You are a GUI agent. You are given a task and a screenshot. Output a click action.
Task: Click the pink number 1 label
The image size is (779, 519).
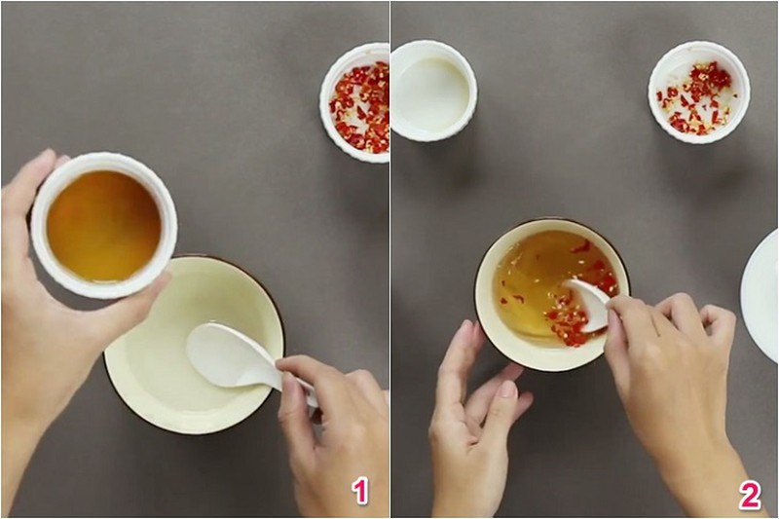360,491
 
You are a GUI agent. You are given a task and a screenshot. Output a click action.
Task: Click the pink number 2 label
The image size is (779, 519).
749,496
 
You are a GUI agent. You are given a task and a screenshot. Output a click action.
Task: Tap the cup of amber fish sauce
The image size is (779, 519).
104,226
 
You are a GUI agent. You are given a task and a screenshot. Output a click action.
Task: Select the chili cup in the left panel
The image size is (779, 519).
355,103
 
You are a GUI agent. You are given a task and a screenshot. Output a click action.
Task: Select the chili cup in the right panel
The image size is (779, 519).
698,93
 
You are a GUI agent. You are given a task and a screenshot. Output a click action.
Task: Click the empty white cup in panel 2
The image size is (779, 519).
432,93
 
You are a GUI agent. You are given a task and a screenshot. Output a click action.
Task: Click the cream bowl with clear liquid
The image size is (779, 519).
194,345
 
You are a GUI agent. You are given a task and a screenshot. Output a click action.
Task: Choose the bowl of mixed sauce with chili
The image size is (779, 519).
552,295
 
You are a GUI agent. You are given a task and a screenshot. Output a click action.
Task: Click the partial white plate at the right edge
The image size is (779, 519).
760,295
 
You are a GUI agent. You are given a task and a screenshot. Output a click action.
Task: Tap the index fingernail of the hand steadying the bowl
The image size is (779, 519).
506,389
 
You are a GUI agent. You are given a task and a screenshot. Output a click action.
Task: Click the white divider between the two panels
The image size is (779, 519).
390,259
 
